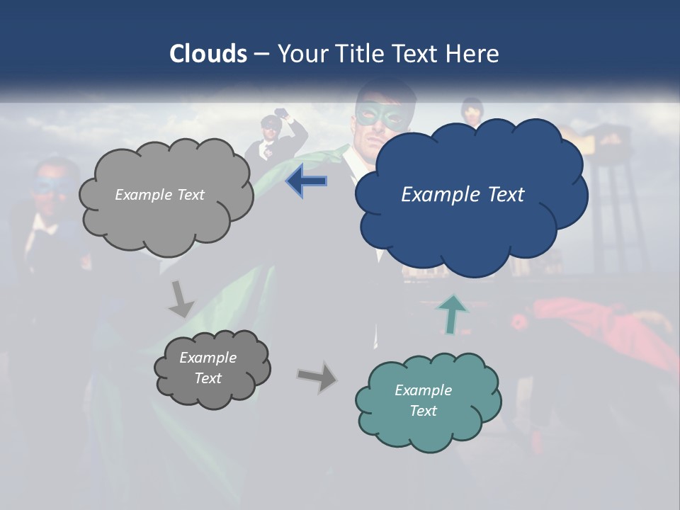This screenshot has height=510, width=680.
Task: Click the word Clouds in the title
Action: click(208, 54)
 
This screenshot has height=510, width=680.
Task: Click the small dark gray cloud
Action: click(212, 390)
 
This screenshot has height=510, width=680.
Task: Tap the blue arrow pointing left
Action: click(306, 181)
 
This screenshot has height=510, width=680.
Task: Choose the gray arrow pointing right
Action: click(317, 377)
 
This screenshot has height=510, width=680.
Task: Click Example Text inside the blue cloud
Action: click(463, 195)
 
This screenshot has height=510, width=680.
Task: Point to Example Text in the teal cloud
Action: click(423, 400)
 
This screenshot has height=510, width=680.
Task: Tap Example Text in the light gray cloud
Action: click(159, 195)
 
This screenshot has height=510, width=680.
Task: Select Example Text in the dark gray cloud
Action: click(208, 368)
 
